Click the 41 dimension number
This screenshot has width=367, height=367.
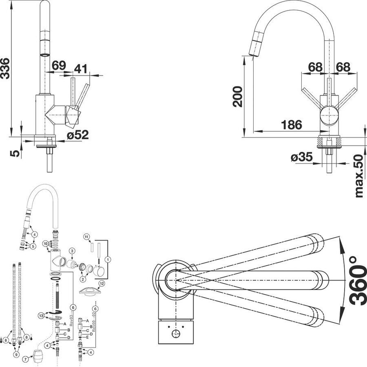[81, 69]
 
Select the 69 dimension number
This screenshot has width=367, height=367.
[59, 65]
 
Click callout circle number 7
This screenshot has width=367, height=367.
[25, 359]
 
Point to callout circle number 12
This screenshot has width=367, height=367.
[102, 283]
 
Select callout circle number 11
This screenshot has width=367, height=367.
[86, 237]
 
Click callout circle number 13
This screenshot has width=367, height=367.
[41, 315]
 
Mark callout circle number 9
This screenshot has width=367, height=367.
[16, 355]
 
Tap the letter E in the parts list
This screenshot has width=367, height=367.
[87, 338]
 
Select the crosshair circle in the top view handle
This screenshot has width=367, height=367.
[176, 334]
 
